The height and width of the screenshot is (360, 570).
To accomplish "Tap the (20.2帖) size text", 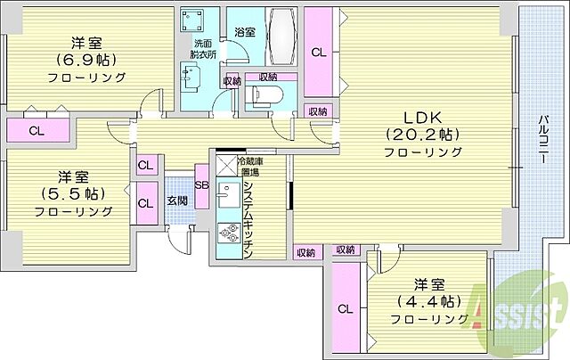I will point(422,135).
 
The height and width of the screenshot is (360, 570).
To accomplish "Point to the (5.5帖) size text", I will point(73,193).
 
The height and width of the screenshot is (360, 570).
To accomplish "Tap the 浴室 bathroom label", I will point(244,32).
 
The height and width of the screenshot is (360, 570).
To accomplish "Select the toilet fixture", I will point(266,96).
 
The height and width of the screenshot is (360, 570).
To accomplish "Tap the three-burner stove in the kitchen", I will point(229,233).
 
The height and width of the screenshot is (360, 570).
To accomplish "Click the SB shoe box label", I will point(201,184).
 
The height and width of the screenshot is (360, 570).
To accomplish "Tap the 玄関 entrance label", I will point(176,200).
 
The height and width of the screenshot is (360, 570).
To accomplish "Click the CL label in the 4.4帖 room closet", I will point(344,309).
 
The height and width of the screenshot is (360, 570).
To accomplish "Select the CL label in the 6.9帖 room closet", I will point(36,131).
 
